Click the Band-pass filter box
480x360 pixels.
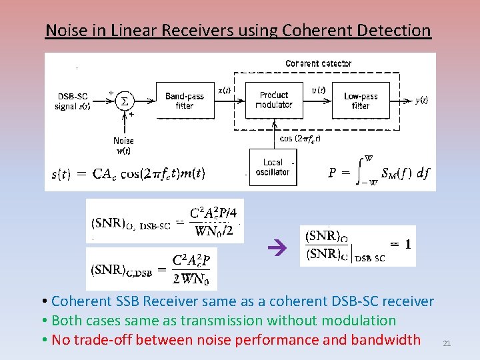click(x=184, y=101)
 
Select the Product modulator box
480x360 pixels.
click(x=273, y=101)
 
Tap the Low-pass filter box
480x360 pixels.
click(x=361, y=101)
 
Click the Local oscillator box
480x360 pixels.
click(x=273, y=167)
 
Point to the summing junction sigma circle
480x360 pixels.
click(x=123, y=101)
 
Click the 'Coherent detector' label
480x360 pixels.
click(x=318, y=63)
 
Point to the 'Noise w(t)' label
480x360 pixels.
click(x=123, y=145)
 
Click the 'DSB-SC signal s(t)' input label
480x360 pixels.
click(x=75, y=101)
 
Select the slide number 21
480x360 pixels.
click(x=447, y=343)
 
